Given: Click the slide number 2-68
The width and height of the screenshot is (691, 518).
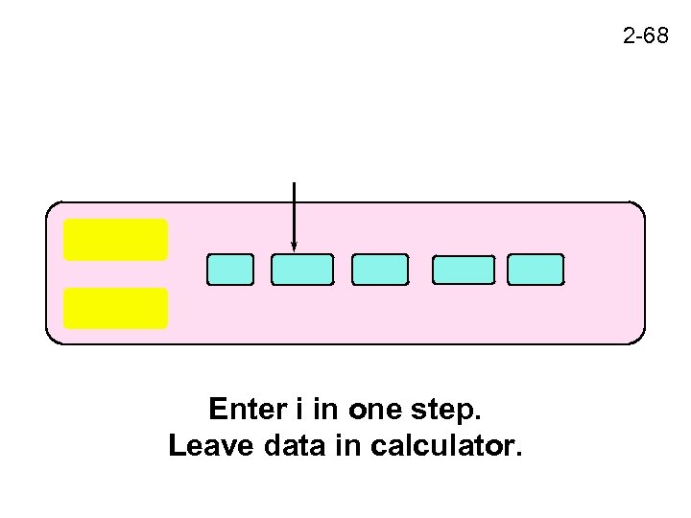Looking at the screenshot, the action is tap(645, 37).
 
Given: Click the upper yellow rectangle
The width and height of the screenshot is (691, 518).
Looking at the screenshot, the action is tap(115, 240).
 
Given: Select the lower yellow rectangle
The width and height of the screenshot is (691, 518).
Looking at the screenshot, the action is tap(115, 308).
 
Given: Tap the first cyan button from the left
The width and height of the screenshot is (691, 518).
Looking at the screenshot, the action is tap(230, 270).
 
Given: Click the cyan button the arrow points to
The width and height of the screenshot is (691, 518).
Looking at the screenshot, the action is tap(302, 270).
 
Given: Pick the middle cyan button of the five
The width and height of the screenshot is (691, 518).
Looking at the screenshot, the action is tap(380, 270).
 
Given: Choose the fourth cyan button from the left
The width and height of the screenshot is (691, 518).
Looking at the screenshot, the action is tap(464, 270).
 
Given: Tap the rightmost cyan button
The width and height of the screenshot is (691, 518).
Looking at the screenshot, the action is tap(536, 270).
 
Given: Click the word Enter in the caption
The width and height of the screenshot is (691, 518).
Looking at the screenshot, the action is tap(246, 411).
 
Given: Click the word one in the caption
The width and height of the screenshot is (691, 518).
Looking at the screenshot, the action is tap(370, 411).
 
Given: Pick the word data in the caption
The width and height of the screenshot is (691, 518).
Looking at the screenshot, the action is tap(289, 446).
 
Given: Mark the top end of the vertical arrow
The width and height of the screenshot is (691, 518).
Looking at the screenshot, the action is tap(294, 183).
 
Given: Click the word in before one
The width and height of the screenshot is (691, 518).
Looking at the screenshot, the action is tap(326, 411).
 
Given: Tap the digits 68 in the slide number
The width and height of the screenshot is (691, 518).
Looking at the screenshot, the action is tap(655, 37).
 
